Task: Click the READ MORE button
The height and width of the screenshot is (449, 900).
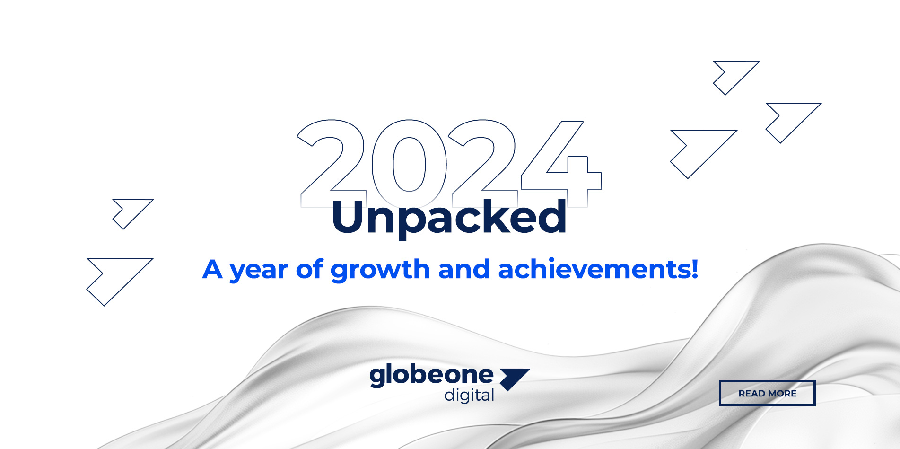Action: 767,393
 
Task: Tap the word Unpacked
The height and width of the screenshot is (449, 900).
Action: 449,218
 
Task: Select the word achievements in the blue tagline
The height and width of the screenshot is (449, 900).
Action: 593,269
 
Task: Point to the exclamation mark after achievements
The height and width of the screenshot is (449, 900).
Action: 694,268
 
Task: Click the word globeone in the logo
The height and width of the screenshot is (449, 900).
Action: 431,376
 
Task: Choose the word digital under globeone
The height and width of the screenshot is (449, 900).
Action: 469,395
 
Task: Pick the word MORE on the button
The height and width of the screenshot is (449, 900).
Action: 782,394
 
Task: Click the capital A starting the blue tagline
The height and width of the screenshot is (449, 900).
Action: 212,269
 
